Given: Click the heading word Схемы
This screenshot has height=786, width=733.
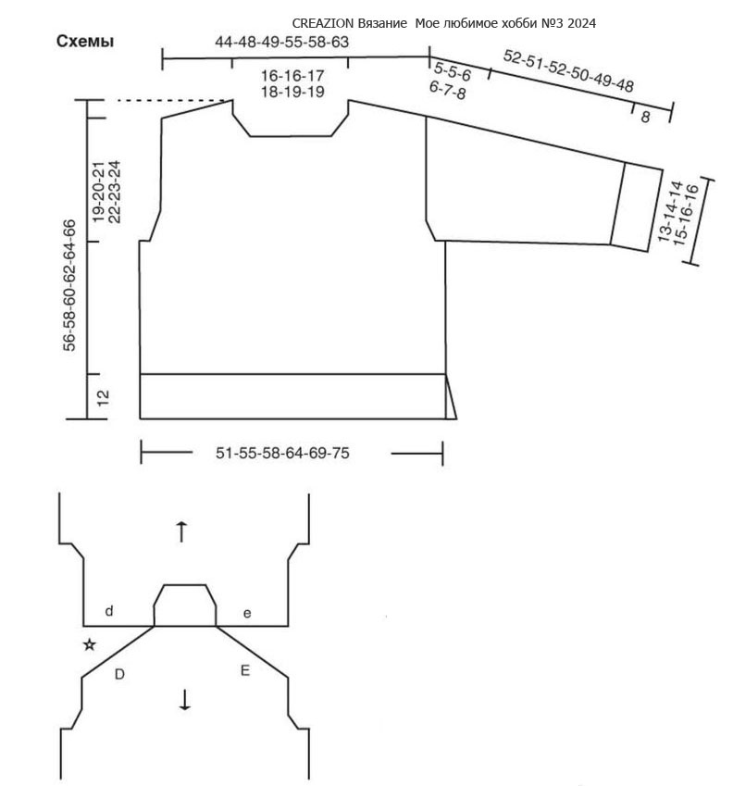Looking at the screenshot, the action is pyautogui.click(x=84, y=41).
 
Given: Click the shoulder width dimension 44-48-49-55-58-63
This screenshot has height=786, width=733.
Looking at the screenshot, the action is pyautogui.click(x=281, y=42).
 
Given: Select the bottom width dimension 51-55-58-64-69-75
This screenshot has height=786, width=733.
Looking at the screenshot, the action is pyautogui.click(x=282, y=453).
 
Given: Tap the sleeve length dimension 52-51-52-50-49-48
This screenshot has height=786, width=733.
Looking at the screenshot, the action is pyautogui.click(x=568, y=71).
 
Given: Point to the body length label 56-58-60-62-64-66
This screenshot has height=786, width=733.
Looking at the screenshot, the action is pyautogui.click(x=69, y=285).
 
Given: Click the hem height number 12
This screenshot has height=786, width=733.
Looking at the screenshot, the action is pyautogui.click(x=102, y=398).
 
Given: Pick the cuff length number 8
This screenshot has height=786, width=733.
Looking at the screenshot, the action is pyautogui.click(x=645, y=117).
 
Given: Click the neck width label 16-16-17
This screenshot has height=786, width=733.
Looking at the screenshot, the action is pyautogui.click(x=292, y=76).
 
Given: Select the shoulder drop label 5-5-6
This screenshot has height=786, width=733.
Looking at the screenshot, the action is pyautogui.click(x=453, y=71).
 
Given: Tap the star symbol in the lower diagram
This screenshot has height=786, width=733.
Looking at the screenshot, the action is pyautogui.click(x=90, y=644).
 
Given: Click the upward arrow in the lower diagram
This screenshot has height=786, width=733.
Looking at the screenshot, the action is pyautogui.click(x=181, y=531).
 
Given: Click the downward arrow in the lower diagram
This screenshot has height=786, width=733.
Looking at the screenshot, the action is pyautogui.click(x=185, y=700).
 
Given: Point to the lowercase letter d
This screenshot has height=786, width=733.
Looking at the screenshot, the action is pyautogui.click(x=109, y=611).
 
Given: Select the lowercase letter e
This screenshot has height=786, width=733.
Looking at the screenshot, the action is pyautogui.click(x=247, y=614).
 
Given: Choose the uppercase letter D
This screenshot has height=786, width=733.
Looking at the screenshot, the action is pyautogui.click(x=119, y=675).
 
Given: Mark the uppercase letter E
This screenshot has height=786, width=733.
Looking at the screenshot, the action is pyautogui.click(x=245, y=670).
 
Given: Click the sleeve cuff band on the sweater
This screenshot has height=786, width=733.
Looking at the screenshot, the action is pyautogui.click(x=637, y=206).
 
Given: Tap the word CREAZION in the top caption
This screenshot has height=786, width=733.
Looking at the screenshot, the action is pyautogui.click(x=323, y=23).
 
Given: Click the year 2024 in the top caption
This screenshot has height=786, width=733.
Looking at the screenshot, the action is pyautogui.click(x=582, y=23).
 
